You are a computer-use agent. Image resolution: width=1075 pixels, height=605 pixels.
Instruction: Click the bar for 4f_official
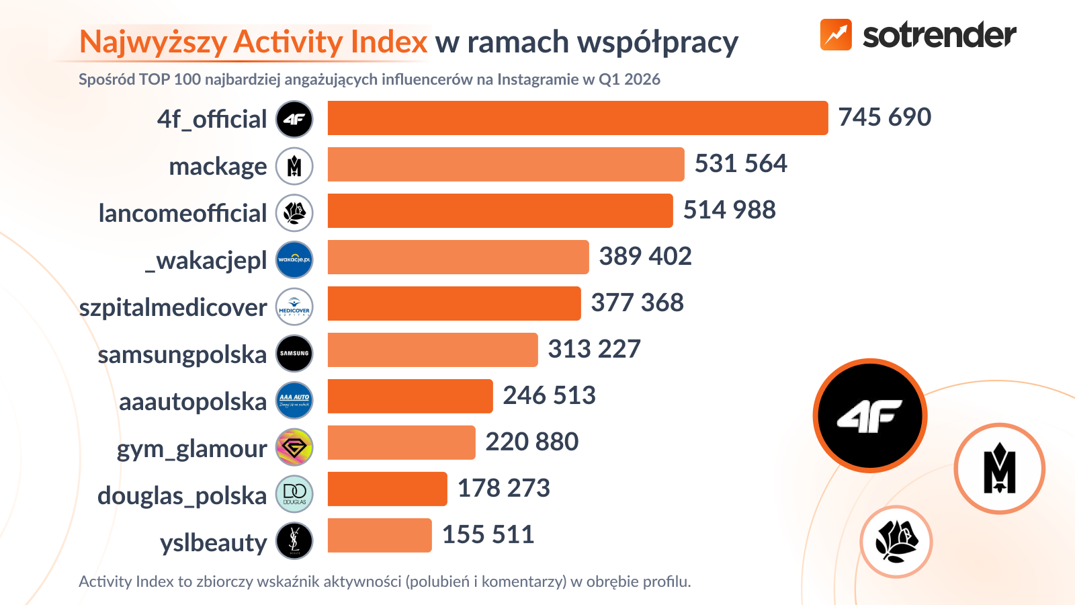pos(578,118)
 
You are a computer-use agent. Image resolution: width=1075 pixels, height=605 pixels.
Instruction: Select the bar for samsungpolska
pos(433,350)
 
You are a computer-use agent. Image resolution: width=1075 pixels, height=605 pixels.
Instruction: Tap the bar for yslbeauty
pos(380,536)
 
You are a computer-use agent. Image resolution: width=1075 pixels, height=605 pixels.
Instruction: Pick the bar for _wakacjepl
pos(458,257)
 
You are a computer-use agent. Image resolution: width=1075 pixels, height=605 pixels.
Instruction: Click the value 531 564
pos(740,164)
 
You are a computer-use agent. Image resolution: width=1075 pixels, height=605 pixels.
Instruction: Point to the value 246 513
pos(549,396)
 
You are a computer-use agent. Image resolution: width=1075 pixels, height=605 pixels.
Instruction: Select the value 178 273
pos(503,489)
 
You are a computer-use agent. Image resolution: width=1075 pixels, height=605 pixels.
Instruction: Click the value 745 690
pos(884,118)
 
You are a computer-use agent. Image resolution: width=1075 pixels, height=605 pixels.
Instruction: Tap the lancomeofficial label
pos(183,213)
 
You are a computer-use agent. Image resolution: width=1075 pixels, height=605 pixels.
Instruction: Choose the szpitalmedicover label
pos(173,307)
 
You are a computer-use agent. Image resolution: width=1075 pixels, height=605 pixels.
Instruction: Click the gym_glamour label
pos(191,448)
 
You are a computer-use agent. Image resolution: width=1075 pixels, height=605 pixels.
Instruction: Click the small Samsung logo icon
pos(294,354)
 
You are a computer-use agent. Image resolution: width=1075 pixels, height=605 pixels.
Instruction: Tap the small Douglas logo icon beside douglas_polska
pos(294,493)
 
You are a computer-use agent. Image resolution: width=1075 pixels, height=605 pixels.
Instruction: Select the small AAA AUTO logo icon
pos(294,400)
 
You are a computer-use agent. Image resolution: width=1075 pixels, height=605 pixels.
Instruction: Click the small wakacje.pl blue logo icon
pos(294,259)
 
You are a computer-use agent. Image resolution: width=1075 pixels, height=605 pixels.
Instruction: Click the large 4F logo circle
pos(870,415)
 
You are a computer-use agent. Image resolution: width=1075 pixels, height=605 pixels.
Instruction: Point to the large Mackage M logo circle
pos(999,469)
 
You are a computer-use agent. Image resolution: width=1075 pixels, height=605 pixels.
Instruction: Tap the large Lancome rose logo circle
pos(896,542)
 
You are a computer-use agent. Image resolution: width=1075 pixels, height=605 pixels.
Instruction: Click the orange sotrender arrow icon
pos(836,35)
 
